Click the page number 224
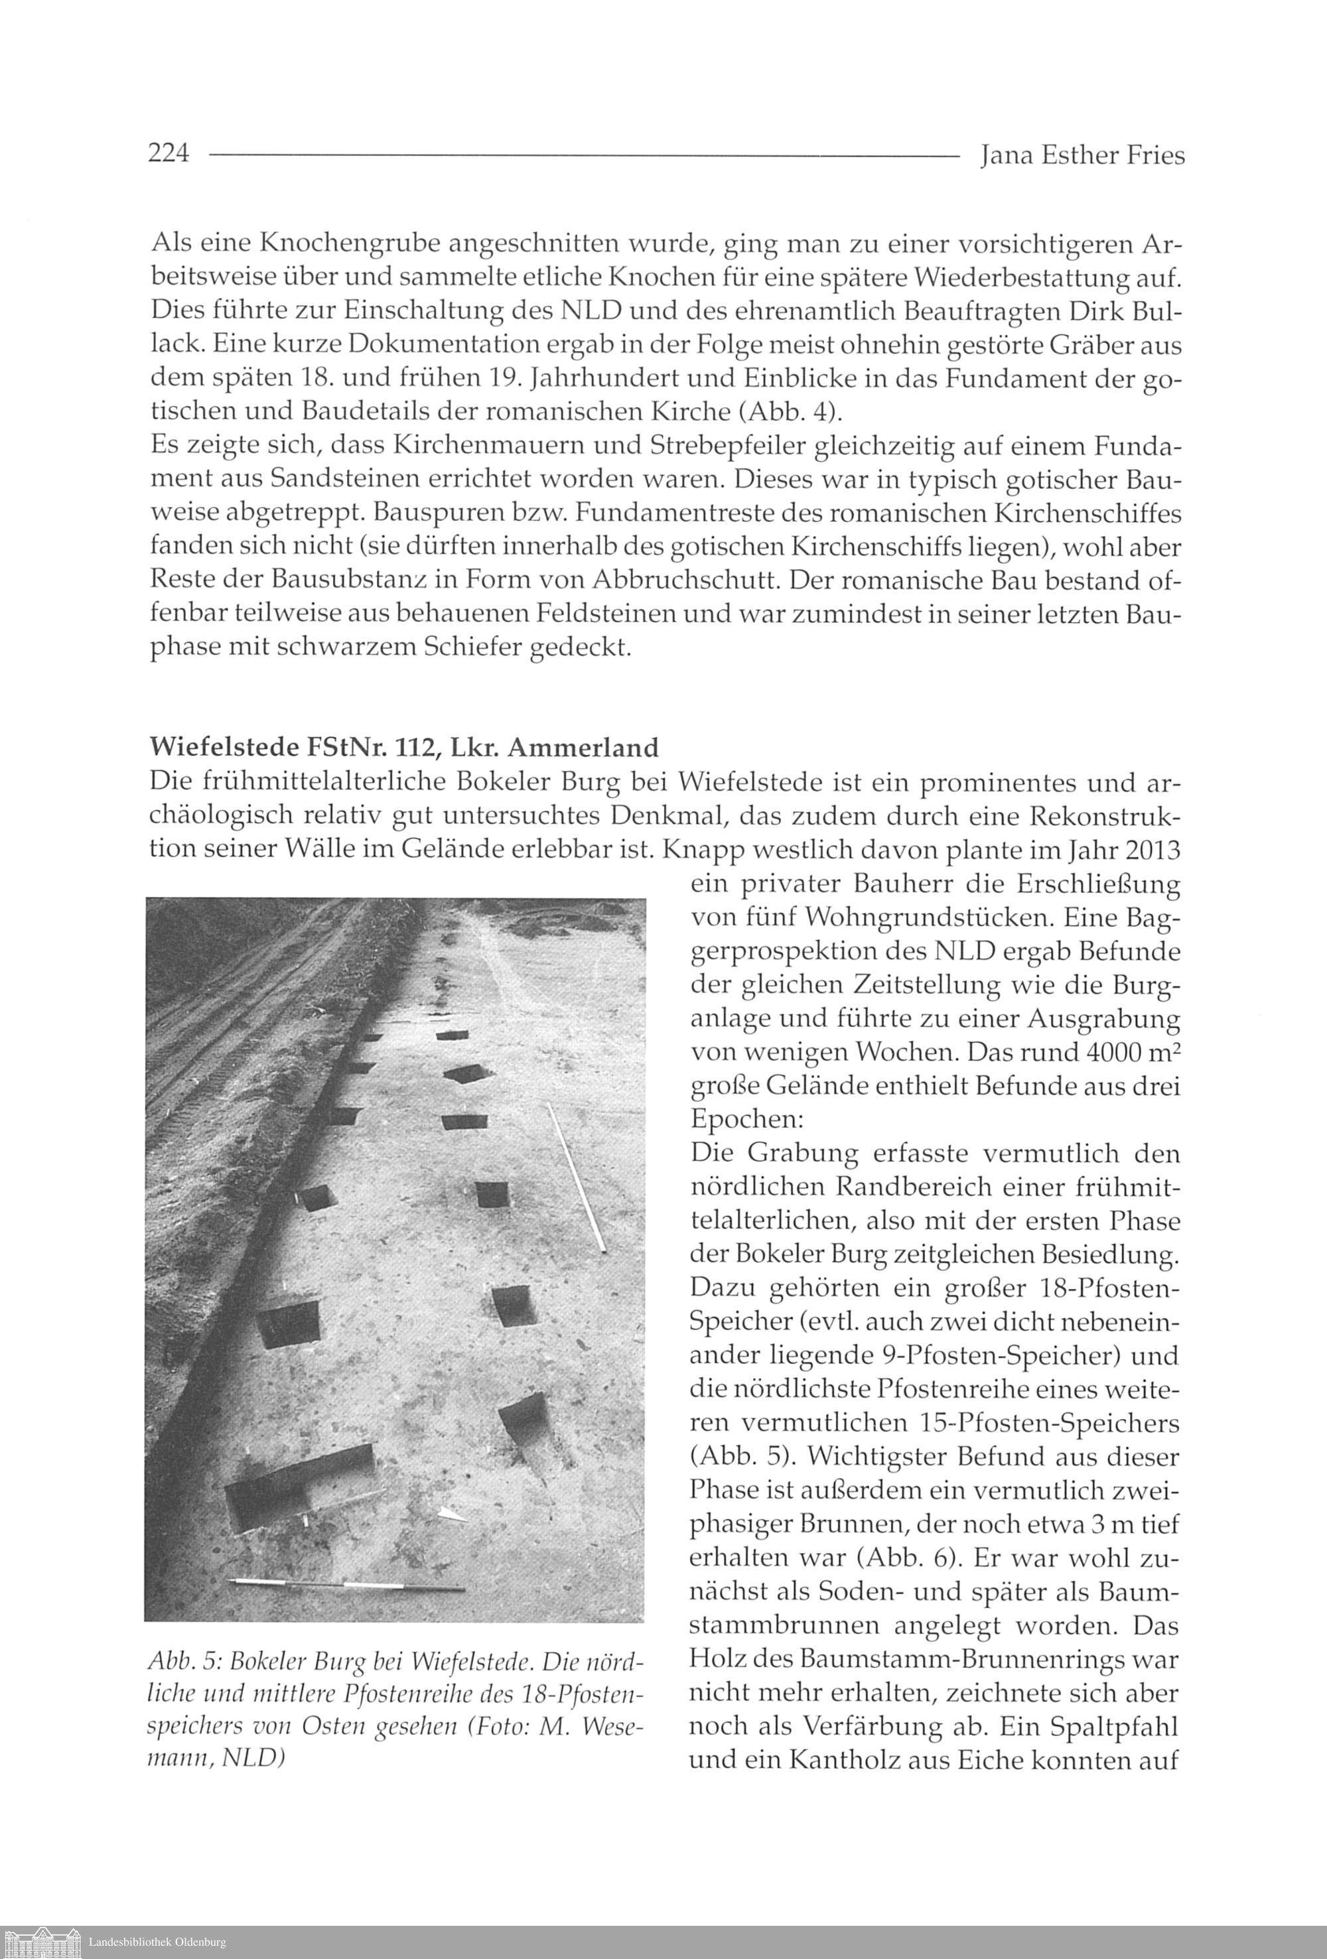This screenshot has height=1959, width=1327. (169, 155)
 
